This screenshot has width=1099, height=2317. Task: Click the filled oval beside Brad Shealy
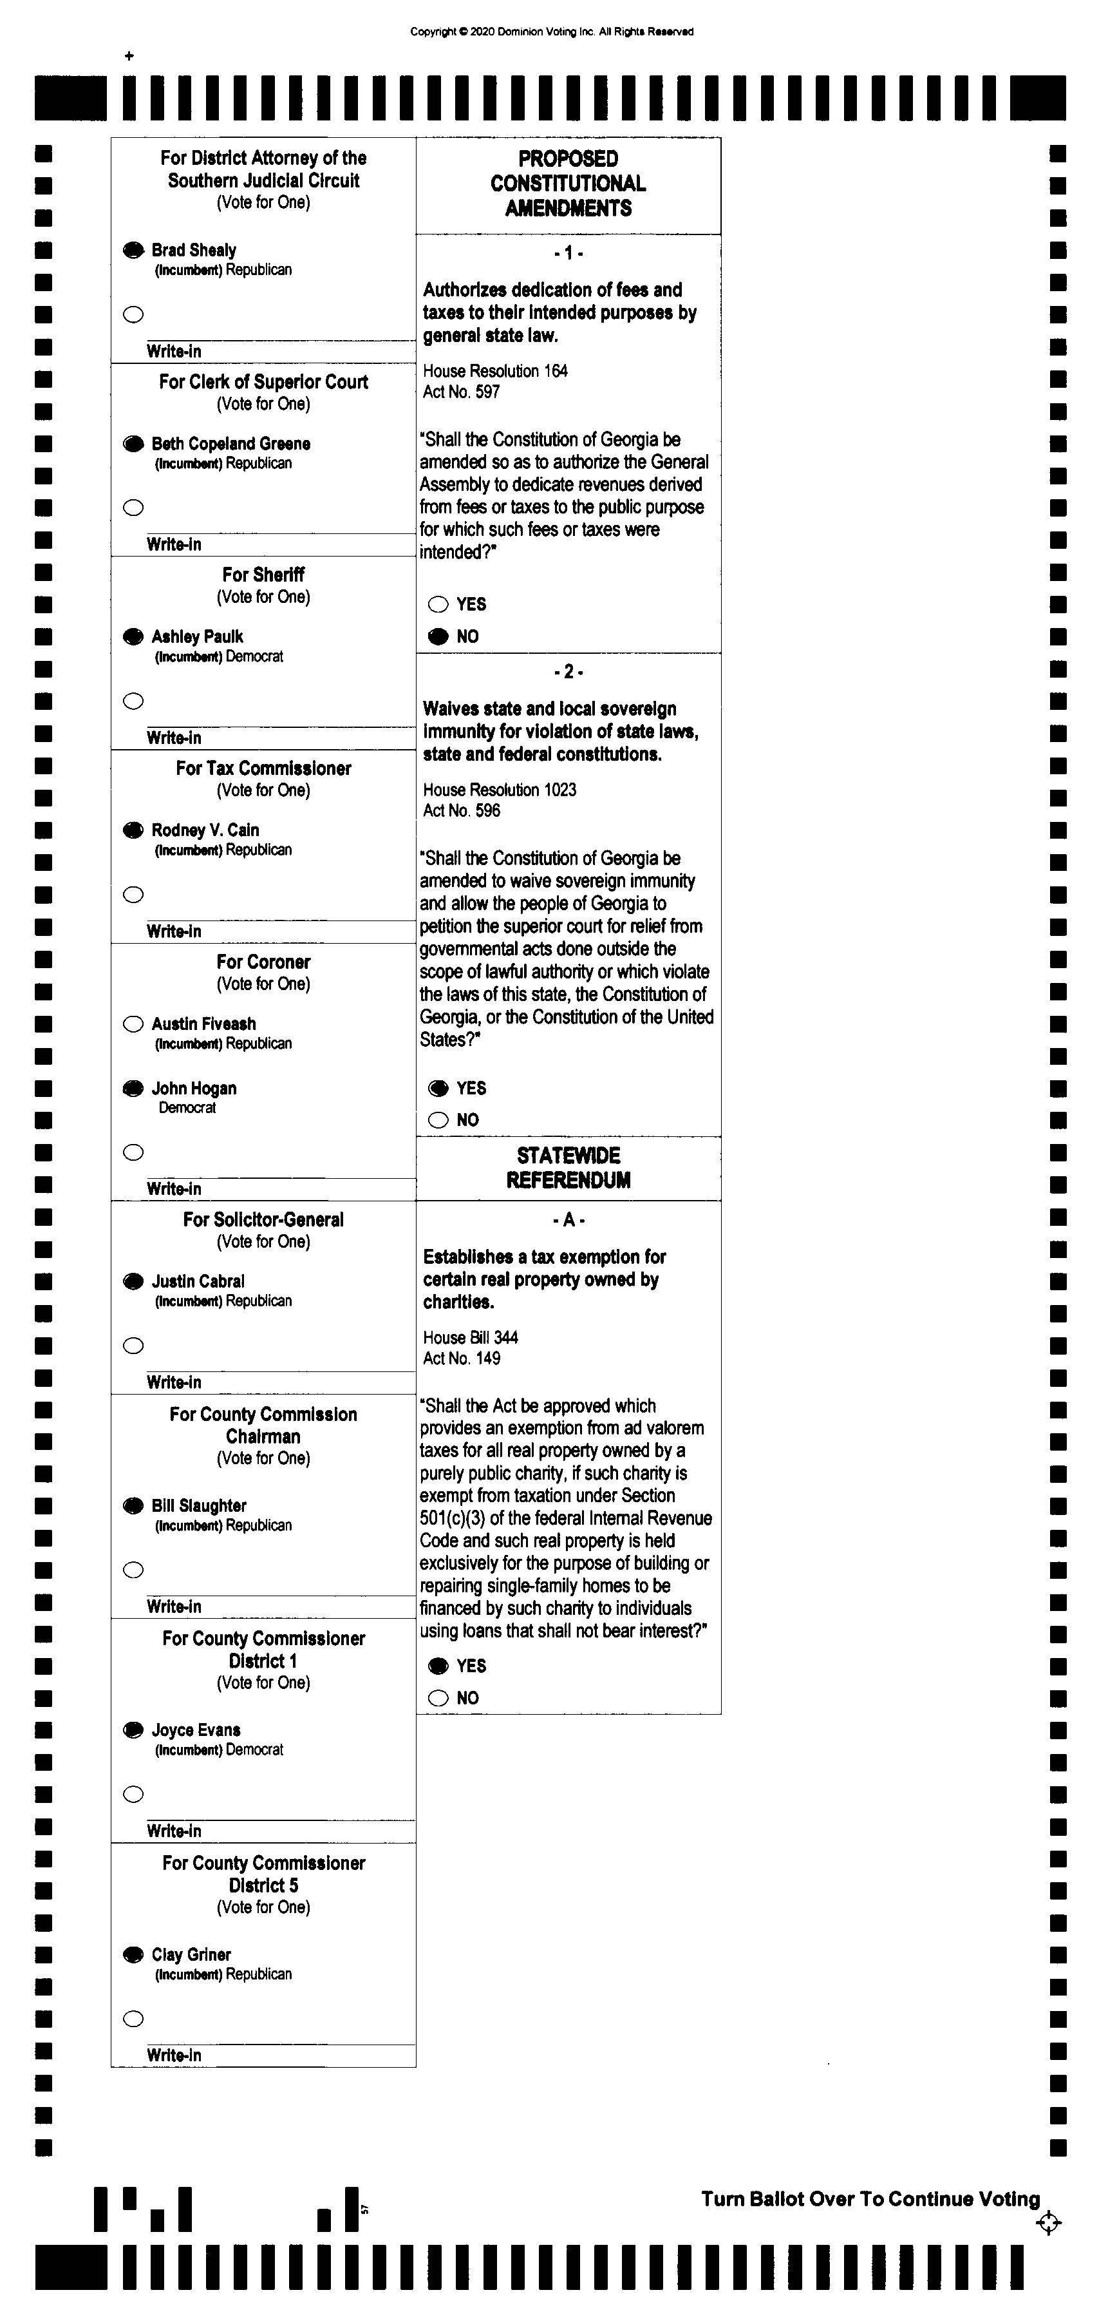click(133, 250)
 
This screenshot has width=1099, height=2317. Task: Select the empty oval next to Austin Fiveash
click(133, 1024)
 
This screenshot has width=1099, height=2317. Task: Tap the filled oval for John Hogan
click(133, 1089)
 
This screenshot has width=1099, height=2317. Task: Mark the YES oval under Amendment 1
click(438, 604)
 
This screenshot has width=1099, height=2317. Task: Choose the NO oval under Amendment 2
click(438, 1120)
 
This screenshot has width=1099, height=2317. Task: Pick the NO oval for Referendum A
click(438, 1698)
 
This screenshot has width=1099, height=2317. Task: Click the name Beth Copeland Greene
click(231, 443)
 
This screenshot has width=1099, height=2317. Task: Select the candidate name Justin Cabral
click(198, 1281)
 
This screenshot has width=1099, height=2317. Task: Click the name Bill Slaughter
click(199, 1505)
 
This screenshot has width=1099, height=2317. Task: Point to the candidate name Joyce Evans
click(196, 1730)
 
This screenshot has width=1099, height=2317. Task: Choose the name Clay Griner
click(192, 1954)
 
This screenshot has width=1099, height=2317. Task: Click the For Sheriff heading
click(263, 575)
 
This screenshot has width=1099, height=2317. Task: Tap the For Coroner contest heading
click(263, 962)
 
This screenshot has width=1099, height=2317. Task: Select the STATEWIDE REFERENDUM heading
click(568, 1167)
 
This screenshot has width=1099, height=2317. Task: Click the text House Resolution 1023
click(500, 790)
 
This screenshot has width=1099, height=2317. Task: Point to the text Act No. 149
click(462, 1358)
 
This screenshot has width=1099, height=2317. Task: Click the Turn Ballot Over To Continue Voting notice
click(870, 2199)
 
